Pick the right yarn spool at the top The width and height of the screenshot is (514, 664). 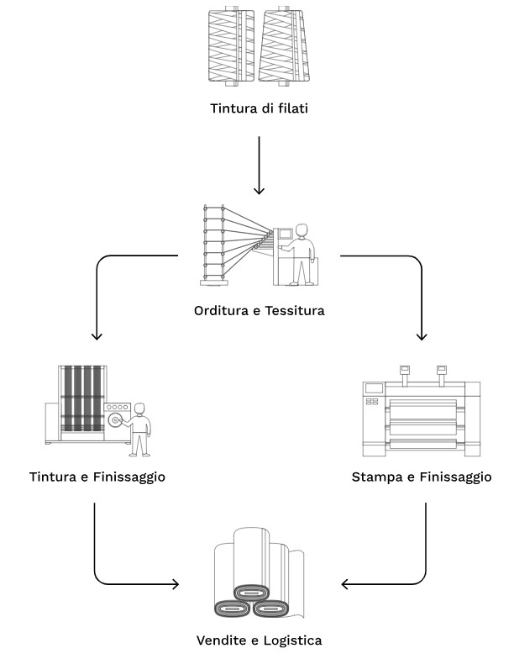(286, 45)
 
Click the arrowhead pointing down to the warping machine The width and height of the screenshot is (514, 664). (260, 190)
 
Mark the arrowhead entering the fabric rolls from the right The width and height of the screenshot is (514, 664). (346, 583)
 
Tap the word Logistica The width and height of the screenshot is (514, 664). (292, 640)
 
